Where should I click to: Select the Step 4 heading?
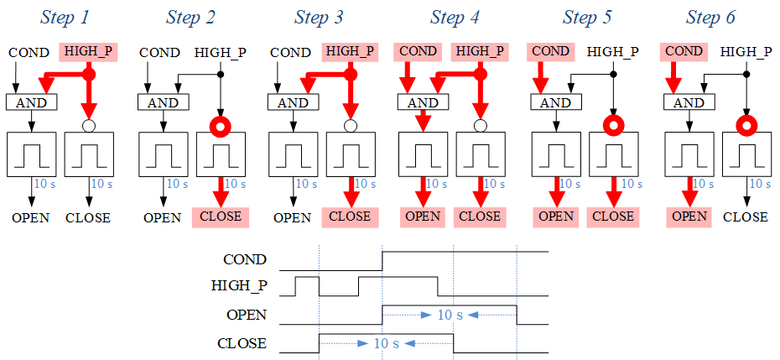click(x=455, y=17)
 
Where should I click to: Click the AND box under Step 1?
click(x=31, y=102)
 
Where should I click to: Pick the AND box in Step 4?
click(x=423, y=102)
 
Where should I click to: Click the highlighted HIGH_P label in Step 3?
click(x=349, y=52)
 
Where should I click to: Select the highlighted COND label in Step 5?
click(x=550, y=52)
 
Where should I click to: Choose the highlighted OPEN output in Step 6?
click(x=690, y=217)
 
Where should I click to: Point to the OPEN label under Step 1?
click(x=30, y=218)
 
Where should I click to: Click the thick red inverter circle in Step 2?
click(x=221, y=127)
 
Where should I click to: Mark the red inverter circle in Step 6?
click(x=746, y=127)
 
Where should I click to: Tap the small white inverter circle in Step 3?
click(x=351, y=126)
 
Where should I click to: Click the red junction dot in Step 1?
click(x=90, y=76)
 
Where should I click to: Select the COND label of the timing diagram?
click(x=245, y=260)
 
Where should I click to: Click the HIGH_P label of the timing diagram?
click(x=239, y=287)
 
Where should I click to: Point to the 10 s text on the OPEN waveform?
click(x=450, y=316)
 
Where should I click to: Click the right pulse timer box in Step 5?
click(x=613, y=154)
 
